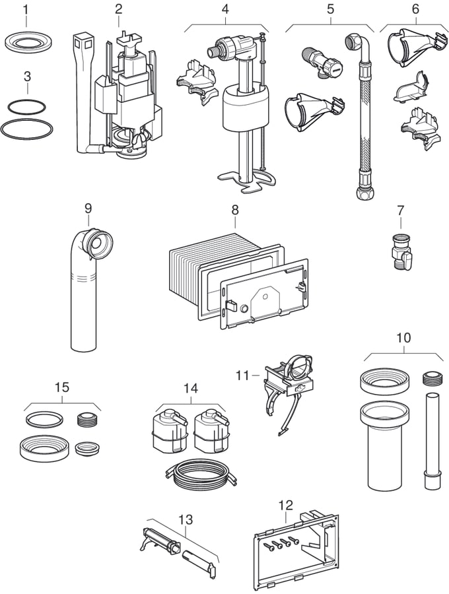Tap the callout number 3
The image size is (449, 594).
click(x=26, y=76)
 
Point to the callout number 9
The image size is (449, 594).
click(x=88, y=209)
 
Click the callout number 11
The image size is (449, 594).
click(x=242, y=375)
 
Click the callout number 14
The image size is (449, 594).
click(x=190, y=389)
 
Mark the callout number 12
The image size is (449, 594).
click(x=285, y=505)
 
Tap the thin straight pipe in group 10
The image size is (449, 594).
click(x=431, y=436)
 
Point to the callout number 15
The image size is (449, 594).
click(x=61, y=387)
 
